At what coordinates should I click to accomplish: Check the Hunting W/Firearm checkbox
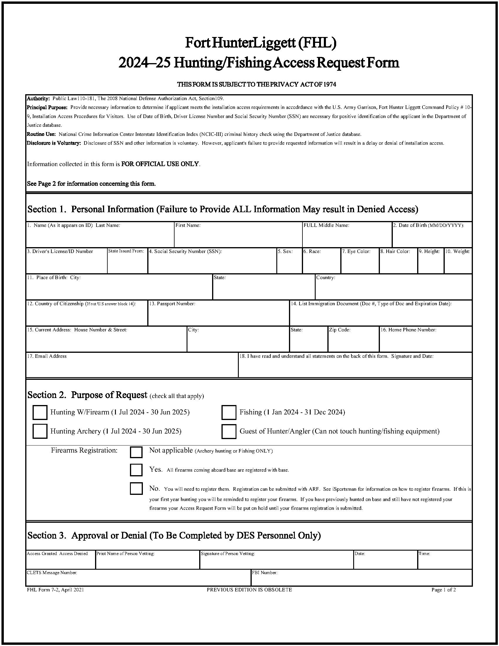(40, 412)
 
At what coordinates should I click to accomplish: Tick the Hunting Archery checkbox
(40, 431)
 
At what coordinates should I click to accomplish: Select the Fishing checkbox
(229, 412)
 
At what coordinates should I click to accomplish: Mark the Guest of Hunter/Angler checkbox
(229, 431)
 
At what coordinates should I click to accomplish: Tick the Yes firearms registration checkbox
(136, 470)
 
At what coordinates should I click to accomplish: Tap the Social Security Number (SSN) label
(185, 252)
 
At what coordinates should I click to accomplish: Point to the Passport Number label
(172, 304)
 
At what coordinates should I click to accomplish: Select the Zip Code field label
(340, 330)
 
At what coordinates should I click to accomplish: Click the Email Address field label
(47, 356)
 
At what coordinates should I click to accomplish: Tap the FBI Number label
(265, 573)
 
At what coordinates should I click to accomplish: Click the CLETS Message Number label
(52, 573)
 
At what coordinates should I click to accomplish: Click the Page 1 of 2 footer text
(444, 590)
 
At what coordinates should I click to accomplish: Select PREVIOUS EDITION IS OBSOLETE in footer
(249, 590)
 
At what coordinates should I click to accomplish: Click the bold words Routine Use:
(41, 134)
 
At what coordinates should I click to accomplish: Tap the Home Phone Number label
(408, 330)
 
